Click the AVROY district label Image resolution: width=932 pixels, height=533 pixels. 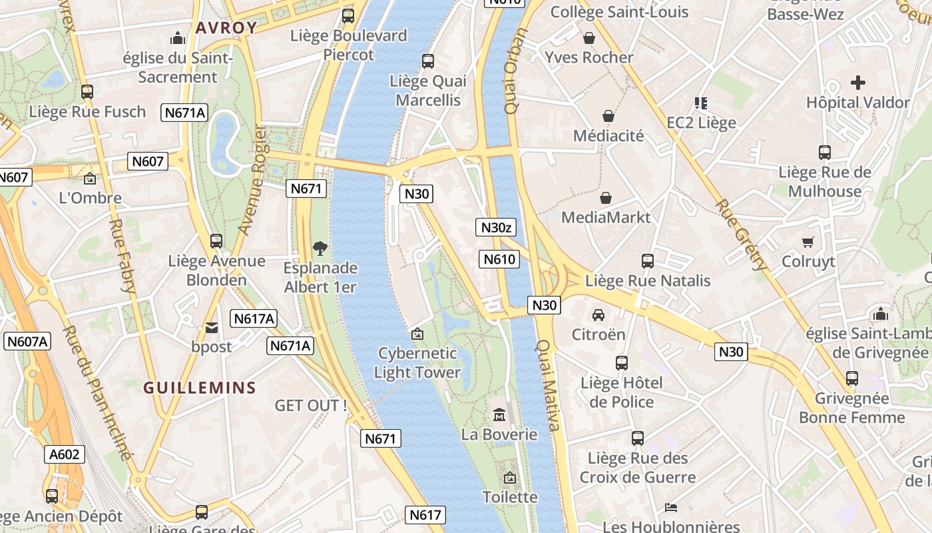point(226,28)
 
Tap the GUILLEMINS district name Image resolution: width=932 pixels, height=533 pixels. point(200,388)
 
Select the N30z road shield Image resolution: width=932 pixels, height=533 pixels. point(497,227)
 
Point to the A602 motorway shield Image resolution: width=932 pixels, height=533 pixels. point(65,454)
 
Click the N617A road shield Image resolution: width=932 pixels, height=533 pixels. point(254,318)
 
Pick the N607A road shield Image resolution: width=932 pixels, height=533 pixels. point(27,342)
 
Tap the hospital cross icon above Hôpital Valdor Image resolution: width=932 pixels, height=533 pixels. point(858,83)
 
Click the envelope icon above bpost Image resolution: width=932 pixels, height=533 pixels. point(212,327)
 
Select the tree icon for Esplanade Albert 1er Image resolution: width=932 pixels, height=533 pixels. point(320,249)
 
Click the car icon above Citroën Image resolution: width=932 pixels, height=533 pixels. point(598,314)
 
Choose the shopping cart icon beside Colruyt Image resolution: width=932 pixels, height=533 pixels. point(808,242)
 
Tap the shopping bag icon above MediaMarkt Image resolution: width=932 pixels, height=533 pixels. point(606,198)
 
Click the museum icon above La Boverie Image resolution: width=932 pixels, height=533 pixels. point(499,416)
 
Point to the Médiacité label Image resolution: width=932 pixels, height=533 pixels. point(608,136)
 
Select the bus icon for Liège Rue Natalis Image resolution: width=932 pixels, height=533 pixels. point(648,261)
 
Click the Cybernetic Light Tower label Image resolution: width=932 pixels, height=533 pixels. point(417,362)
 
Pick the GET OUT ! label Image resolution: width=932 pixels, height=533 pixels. point(311,405)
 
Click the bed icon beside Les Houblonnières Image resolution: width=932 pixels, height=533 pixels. point(671,508)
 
